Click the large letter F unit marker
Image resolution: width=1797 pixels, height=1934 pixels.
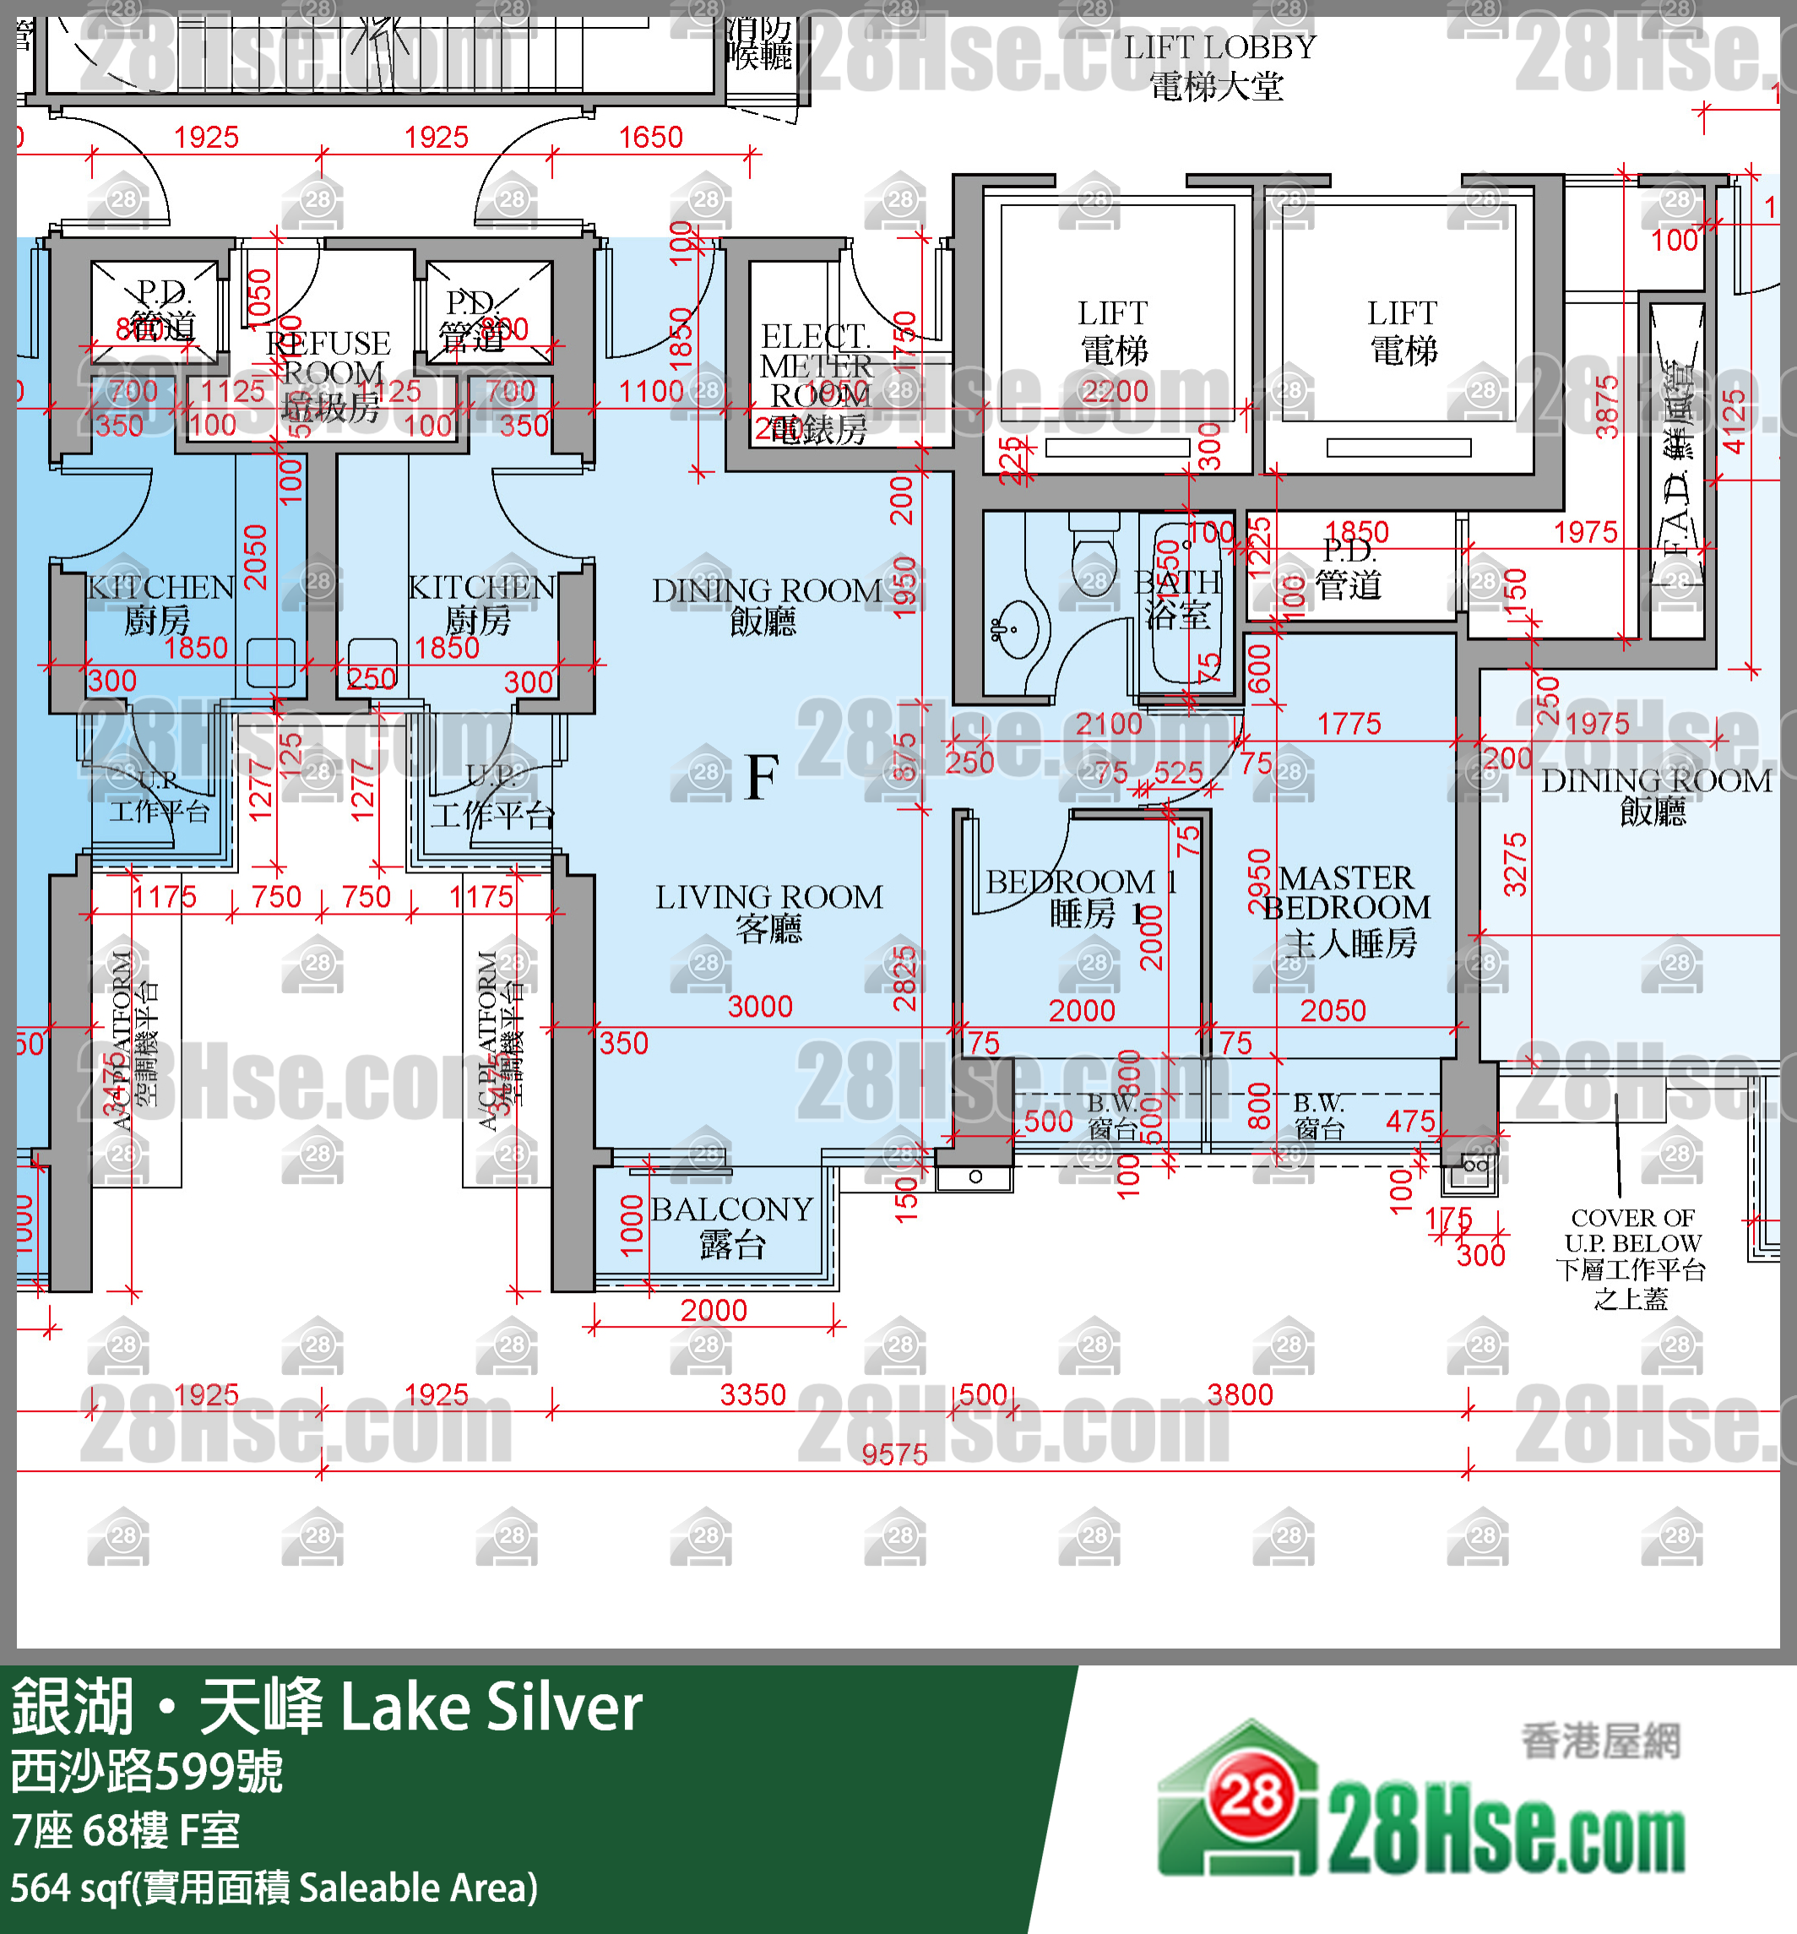(x=762, y=777)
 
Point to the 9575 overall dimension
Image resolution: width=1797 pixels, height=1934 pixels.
(x=893, y=1454)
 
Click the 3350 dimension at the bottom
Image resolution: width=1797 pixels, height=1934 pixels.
(x=752, y=1394)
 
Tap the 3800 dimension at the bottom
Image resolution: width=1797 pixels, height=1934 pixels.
(x=1240, y=1394)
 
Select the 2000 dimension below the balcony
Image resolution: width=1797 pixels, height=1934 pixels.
(x=713, y=1310)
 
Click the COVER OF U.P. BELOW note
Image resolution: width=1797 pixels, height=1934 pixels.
(x=1632, y=1258)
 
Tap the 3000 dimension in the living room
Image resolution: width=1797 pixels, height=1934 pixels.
(x=759, y=1007)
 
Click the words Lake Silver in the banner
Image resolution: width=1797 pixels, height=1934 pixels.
(x=491, y=1709)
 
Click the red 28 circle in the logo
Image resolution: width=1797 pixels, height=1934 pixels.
(x=1251, y=1797)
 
